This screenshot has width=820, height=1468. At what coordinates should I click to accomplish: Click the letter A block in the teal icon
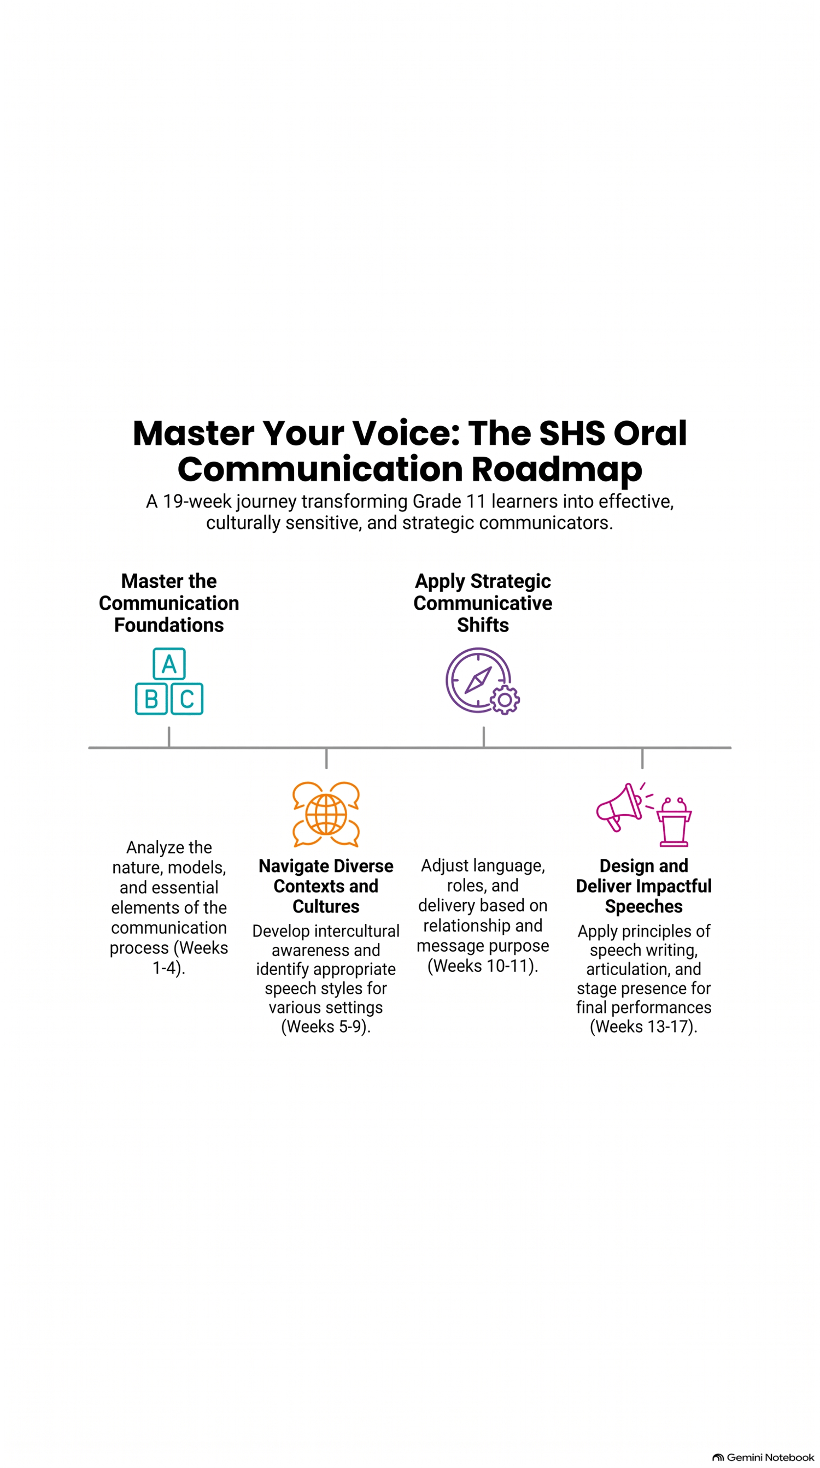(x=169, y=663)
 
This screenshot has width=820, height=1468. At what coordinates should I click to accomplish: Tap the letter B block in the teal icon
(x=151, y=699)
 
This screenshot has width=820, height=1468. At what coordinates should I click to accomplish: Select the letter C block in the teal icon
(x=187, y=699)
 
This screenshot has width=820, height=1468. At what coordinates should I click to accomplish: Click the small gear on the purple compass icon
(x=505, y=700)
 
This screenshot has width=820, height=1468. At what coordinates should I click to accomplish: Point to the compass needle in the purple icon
(x=478, y=680)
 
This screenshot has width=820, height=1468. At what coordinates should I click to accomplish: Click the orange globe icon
(x=326, y=815)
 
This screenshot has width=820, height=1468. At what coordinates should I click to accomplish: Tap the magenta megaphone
(x=620, y=807)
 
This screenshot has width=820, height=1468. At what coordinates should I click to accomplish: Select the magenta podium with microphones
(x=673, y=822)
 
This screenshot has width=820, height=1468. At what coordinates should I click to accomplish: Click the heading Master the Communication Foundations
(x=169, y=603)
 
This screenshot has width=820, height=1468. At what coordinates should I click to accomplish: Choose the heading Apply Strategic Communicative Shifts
(x=483, y=603)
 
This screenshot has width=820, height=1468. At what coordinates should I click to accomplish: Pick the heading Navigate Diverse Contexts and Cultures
(x=326, y=886)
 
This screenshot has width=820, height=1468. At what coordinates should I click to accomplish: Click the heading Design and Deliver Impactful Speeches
(x=644, y=886)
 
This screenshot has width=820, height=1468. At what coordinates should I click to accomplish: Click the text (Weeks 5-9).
(x=326, y=1027)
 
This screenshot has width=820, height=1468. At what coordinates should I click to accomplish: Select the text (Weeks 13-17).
(x=644, y=1027)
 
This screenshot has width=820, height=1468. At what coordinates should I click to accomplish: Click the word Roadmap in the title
(x=557, y=470)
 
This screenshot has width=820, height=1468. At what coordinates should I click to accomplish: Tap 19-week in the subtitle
(x=197, y=502)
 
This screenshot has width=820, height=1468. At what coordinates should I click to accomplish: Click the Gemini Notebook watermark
(x=764, y=1457)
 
